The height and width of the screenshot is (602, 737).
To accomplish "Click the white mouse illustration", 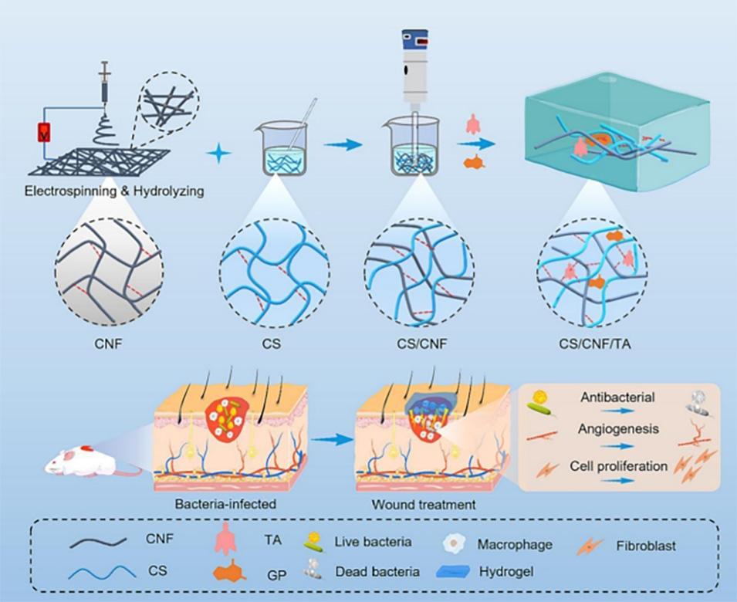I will coord(77,462).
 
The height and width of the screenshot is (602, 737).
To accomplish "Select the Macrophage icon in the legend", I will coord(455,544).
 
